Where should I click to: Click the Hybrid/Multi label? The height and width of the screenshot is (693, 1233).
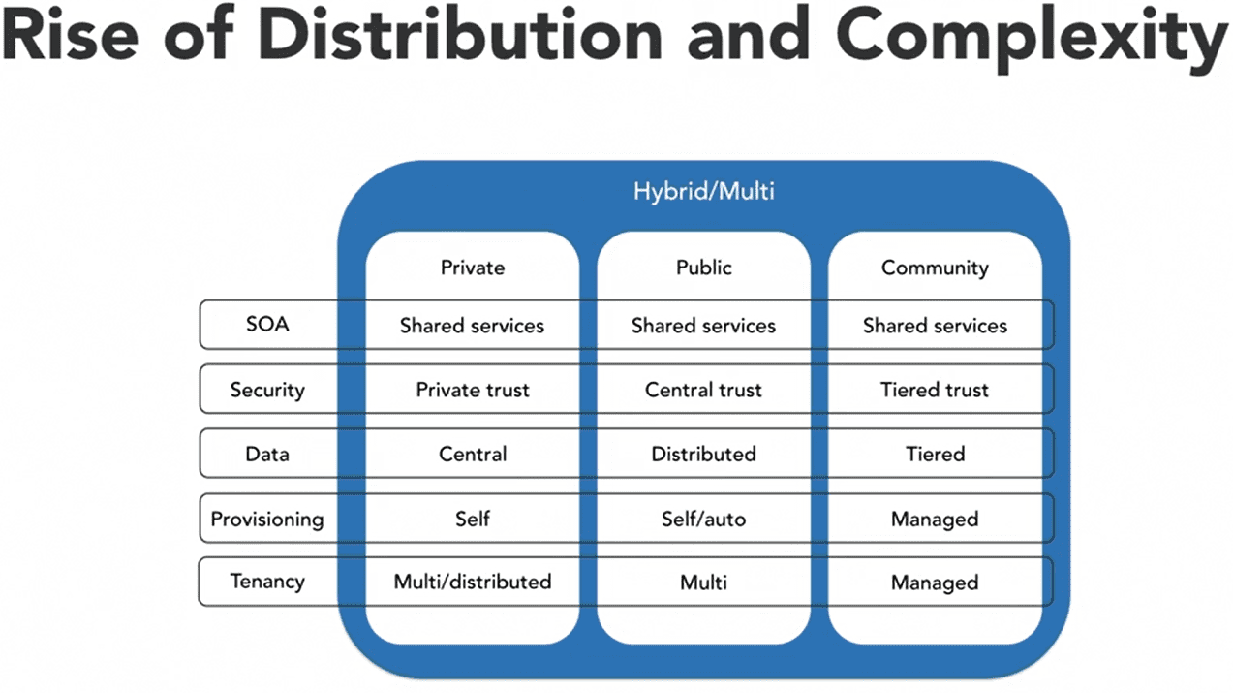click(x=703, y=192)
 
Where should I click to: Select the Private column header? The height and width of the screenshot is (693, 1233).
click(x=473, y=268)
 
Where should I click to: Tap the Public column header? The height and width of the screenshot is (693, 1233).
click(x=703, y=268)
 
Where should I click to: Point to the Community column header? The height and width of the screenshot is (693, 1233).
click(x=935, y=268)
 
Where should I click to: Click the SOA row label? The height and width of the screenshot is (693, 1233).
click(x=267, y=324)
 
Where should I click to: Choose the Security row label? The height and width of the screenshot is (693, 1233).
click(x=267, y=390)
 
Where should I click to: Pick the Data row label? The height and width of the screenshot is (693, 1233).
click(x=267, y=454)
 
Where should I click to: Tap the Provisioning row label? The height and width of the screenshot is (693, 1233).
click(x=267, y=520)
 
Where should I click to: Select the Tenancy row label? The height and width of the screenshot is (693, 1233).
click(x=267, y=582)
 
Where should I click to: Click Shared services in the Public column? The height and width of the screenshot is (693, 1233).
click(x=703, y=326)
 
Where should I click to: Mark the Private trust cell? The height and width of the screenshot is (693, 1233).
click(x=473, y=390)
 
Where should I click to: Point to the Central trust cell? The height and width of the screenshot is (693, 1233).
click(x=703, y=390)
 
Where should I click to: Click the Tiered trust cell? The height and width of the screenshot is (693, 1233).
click(x=935, y=390)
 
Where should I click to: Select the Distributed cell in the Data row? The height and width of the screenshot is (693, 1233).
click(x=703, y=455)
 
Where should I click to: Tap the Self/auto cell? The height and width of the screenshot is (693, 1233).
click(x=703, y=519)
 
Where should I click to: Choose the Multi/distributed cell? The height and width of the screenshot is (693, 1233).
click(x=473, y=582)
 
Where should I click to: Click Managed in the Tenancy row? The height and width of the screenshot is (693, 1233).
click(x=935, y=583)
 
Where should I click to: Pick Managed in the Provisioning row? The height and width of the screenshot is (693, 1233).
click(x=935, y=520)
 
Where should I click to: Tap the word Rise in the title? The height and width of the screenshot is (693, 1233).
click(x=71, y=33)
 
